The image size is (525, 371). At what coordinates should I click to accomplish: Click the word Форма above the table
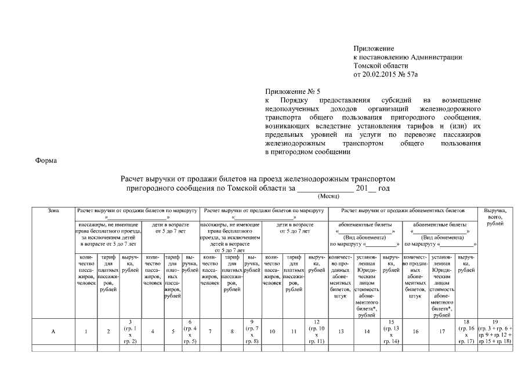[x=46, y=159]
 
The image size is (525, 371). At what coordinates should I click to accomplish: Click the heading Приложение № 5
[x=292, y=92]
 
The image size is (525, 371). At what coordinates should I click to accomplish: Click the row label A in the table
[x=53, y=332]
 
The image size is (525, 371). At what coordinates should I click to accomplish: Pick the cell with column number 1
[x=86, y=332]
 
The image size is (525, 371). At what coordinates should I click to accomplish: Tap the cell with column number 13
[x=340, y=332]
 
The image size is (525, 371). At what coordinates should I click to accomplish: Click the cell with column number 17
[x=442, y=332]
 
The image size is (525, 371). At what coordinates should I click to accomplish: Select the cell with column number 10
[x=273, y=332]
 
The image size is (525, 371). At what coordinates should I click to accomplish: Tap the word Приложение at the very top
[x=374, y=49]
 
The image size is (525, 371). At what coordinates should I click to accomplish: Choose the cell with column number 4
[x=152, y=332]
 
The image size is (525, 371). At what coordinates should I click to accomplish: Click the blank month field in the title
[x=325, y=188]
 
